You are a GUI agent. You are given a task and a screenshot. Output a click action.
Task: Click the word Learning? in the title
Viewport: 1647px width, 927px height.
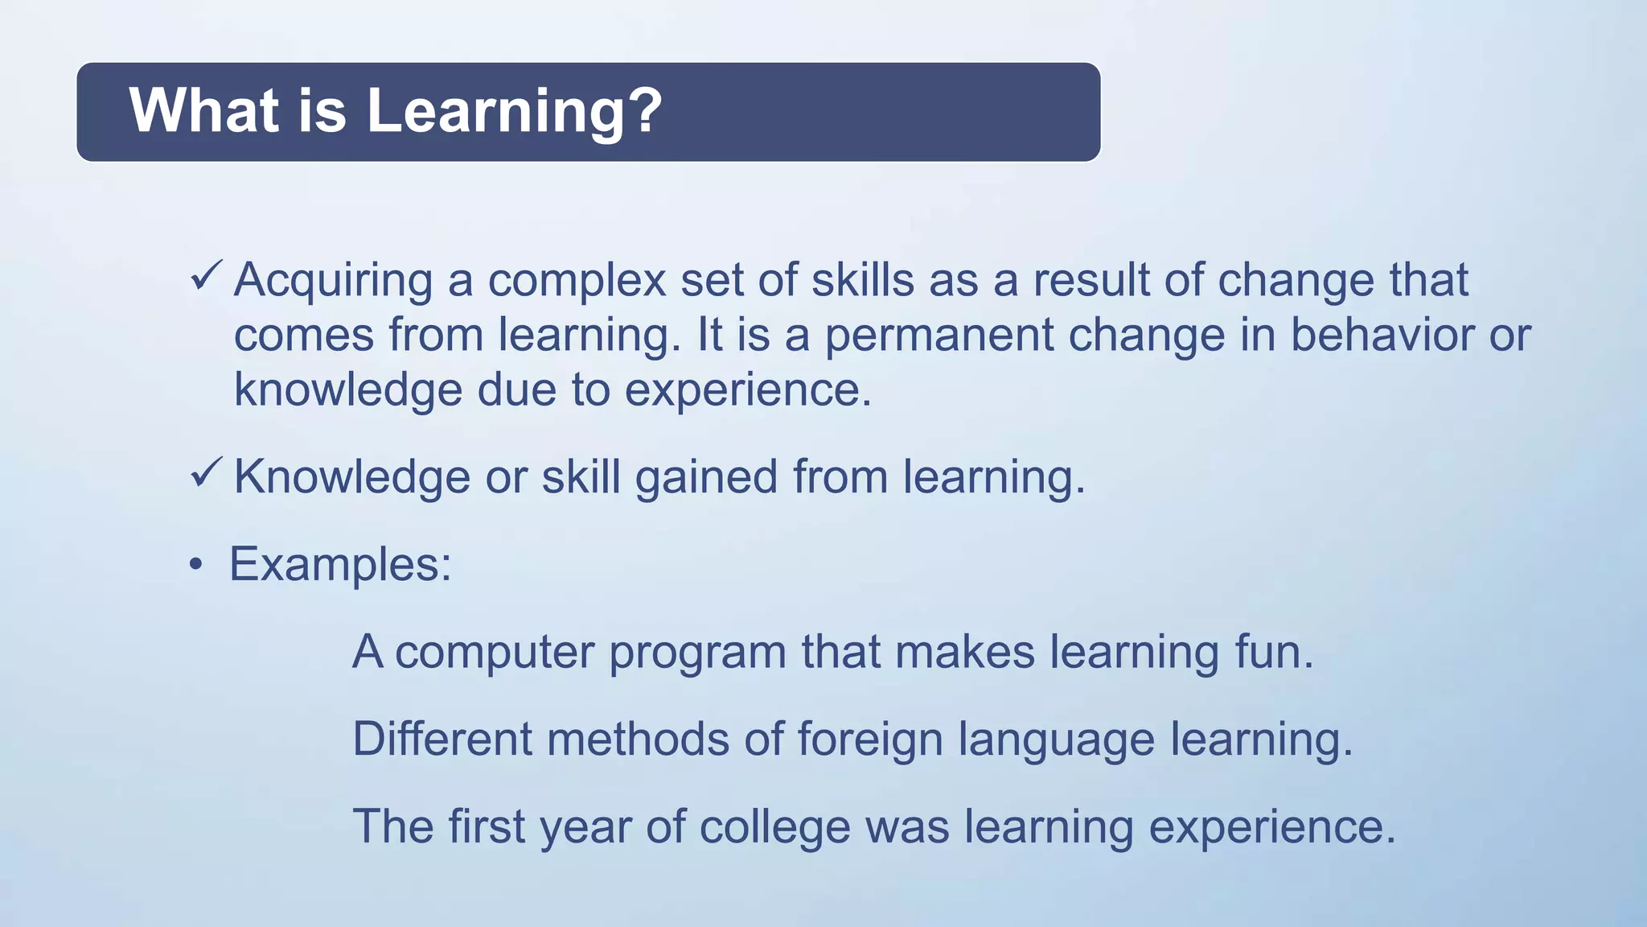click(x=515, y=111)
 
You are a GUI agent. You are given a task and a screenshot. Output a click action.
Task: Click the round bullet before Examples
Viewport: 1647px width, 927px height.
click(x=196, y=566)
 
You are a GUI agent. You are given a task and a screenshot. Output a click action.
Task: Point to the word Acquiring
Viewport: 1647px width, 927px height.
click(x=333, y=282)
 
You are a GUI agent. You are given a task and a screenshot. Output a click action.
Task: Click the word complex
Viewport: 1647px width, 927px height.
click(x=577, y=282)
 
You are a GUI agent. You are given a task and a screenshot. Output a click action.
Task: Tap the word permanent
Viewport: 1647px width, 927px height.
click(x=939, y=336)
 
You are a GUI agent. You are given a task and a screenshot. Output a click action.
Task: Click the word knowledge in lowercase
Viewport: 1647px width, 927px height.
click(x=347, y=390)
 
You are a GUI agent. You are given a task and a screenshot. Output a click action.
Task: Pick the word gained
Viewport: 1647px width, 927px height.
click(x=706, y=478)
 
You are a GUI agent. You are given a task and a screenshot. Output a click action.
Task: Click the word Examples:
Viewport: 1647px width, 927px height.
click(x=340, y=565)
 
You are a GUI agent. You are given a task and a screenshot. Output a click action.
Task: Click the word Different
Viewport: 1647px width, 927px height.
click(x=442, y=739)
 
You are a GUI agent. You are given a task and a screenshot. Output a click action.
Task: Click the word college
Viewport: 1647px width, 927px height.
click(x=774, y=827)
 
